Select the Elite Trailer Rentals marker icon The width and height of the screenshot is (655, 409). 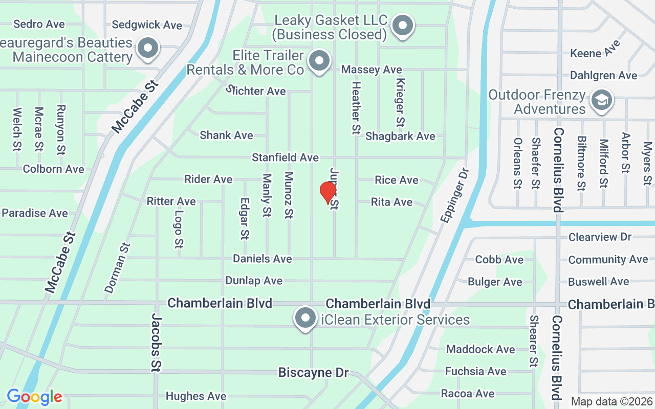pyautogui.click(x=320, y=62)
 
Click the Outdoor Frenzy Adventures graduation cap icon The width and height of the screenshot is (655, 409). pyautogui.click(x=602, y=100)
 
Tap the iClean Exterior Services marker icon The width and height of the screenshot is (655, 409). pyautogui.click(x=305, y=319)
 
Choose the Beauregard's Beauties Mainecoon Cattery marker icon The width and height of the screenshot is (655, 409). pyautogui.click(x=148, y=49)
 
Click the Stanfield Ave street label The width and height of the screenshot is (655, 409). pyautogui.click(x=285, y=157)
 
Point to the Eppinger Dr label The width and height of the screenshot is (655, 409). pyautogui.click(x=454, y=195)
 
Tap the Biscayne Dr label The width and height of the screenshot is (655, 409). pyautogui.click(x=313, y=372)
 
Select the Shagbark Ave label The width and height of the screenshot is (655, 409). pyautogui.click(x=400, y=136)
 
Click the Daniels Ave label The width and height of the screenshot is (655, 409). pyautogui.click(x=263, y=259)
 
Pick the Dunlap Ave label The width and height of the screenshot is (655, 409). pyautogui.click(x=254, y=281)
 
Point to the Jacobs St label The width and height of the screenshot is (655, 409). pyautogui.click(x=156, y=343)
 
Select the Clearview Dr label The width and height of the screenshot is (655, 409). pyautogui.click(x=600, y=237)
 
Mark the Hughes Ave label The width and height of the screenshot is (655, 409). pyautogui.click(x=196, y=396)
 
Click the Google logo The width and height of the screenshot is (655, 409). pyautogui.click(x=34, y=397)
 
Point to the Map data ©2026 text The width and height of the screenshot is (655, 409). pyautogui.click(x=612, y=402)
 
